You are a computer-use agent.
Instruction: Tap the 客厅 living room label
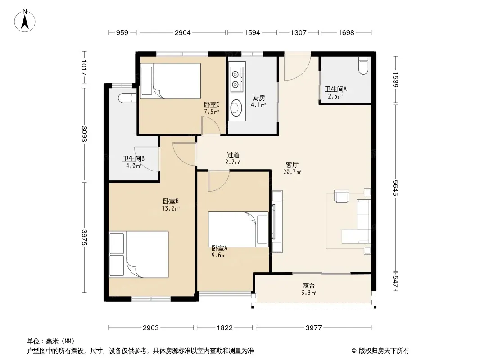click(x=292, y=165)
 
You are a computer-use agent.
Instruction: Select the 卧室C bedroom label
click(x=212, y=104)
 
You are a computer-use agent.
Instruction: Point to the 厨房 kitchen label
click(x=258, y=98)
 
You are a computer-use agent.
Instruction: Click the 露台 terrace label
click(x=308, y=286)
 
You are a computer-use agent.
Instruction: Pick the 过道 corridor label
click(x=233, y=155)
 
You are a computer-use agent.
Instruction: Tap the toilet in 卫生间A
click(x=363, y=65)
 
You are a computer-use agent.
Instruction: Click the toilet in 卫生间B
click(x=127, y=98)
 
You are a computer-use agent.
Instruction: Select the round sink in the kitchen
click(x=236, y=108)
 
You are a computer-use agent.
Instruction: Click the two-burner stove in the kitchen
click(x=236, y=79)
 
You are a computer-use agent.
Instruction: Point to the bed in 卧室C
click(x=171, y=81)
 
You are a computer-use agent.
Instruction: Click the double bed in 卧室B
click(x=138, y=255)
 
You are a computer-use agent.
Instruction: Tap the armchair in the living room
click(x=341, y=196)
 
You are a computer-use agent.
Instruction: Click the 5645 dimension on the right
click(x=395, y=188)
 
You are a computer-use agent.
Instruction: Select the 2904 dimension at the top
click(x=183, y=32)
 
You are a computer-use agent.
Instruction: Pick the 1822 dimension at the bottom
click(x=225, y=328)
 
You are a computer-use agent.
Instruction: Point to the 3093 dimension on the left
click(x=84, y=134)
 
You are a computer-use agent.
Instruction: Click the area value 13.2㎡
click(x=171, y=209)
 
